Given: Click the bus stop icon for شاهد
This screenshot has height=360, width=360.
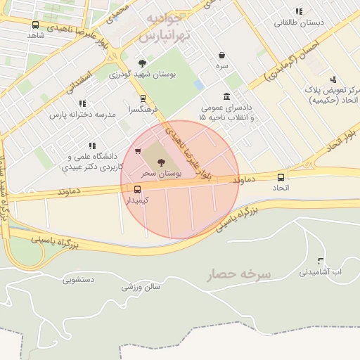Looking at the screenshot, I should coord(36,25).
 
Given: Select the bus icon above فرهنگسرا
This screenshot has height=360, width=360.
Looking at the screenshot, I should coord(143,99).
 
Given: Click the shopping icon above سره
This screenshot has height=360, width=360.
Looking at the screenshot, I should coord(222,55).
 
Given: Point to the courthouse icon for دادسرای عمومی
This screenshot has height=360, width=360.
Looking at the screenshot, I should coord(226,97).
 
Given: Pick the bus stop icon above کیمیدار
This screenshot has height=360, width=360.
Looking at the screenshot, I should coord(137,189).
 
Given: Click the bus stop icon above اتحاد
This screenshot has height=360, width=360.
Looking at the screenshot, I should coord(281,177).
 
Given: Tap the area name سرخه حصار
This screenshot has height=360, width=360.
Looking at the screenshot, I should coord(239,274).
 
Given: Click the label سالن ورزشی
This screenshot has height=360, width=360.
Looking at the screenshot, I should coord(141,287).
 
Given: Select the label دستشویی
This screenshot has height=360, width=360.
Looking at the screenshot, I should coord(78,280).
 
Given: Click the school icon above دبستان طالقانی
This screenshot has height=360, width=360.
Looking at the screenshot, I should coord(299,11).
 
